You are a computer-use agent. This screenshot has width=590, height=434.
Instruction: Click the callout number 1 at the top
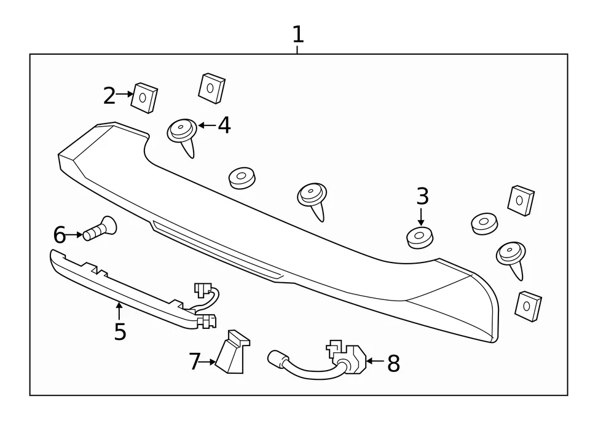tap(297, 34)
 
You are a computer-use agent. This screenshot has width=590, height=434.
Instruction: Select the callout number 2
tap(109, 95)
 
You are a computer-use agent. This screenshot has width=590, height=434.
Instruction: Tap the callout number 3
tap(422, 197)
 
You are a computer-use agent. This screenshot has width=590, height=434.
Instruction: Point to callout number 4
tap(224, 125)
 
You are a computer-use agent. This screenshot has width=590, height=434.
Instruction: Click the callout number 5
tap(120, 331)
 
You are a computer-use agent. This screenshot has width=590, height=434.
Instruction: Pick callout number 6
tap(59, 234)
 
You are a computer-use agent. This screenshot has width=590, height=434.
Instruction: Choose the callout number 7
tap(195, 362)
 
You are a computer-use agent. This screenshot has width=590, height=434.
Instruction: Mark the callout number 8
tap(393, 364)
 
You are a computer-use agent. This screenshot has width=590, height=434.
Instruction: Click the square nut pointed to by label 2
tap(145, 97)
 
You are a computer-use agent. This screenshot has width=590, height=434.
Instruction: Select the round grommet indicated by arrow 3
tap(420, 237)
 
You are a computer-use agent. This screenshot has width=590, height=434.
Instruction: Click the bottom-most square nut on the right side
tap(528, 305)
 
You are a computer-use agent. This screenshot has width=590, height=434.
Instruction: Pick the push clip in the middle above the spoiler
tap(312, 197)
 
